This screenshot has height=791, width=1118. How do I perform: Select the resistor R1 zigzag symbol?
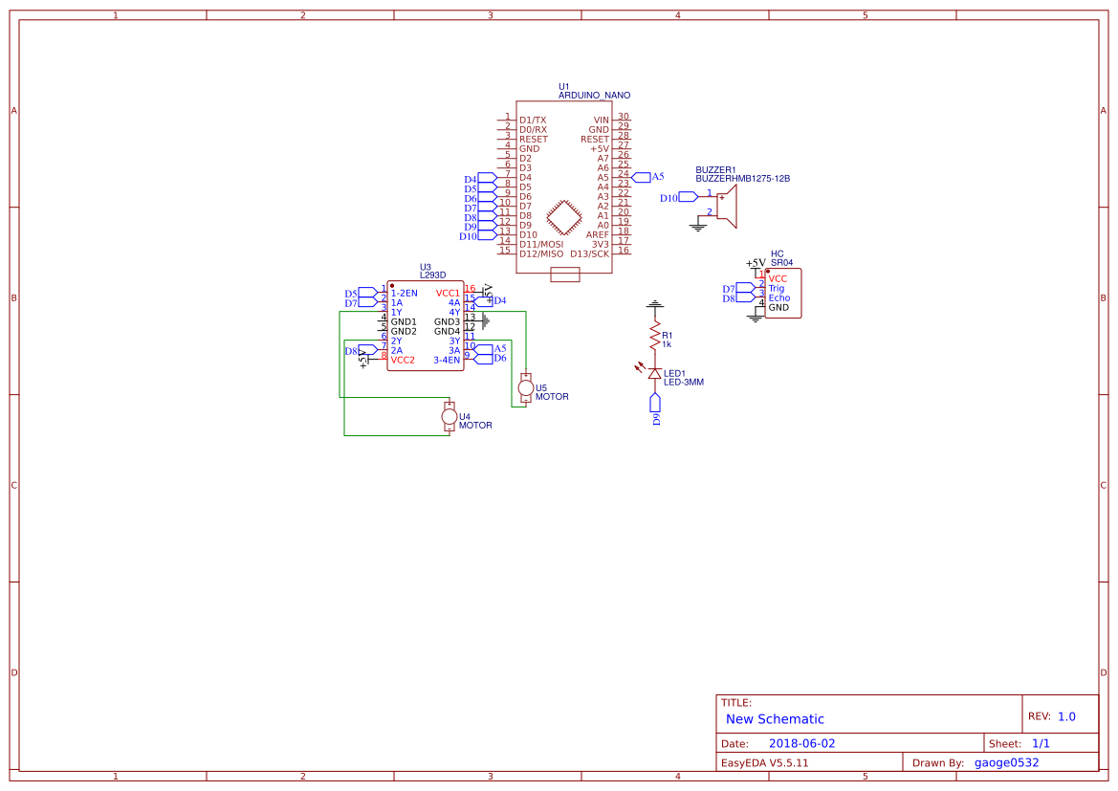655,340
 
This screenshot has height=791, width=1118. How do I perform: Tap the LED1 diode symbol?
655,372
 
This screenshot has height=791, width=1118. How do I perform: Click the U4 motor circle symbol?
449,416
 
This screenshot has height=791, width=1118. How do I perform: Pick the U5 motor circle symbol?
525,387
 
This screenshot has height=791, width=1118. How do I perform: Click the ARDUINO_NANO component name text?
594,96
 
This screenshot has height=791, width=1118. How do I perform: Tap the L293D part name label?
432,275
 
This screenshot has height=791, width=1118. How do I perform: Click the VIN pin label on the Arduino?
601,121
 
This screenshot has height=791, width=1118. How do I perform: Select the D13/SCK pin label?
589,253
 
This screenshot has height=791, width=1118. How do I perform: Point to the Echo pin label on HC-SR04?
778,298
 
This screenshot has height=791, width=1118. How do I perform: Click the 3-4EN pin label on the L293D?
447,360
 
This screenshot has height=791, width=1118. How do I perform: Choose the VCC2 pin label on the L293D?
403,360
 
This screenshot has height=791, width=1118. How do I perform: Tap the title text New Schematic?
775,719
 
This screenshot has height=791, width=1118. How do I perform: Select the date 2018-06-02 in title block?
801,743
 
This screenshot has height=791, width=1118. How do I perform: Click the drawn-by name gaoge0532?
1006,762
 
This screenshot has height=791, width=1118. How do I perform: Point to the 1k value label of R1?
667,344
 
